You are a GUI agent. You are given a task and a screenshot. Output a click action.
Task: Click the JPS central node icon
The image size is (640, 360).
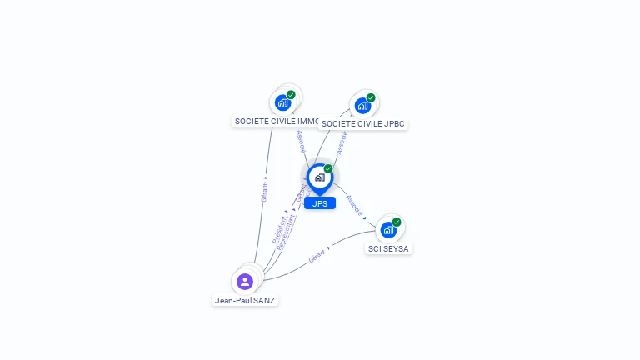tap(319, 177)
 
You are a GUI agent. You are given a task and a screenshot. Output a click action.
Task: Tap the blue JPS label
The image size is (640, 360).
tap(320, 203)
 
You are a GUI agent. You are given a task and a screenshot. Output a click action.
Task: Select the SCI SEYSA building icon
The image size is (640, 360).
tap(388, 230)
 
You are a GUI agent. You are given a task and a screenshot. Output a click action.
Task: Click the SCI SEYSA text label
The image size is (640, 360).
tap(389, 248)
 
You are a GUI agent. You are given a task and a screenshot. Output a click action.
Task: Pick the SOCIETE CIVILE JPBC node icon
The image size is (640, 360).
tap(362, 106)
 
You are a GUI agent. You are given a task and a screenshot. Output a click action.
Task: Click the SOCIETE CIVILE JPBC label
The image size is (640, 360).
tap(363, 124)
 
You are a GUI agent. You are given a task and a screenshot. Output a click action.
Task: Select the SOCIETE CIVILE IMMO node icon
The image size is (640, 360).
tap(282, 103)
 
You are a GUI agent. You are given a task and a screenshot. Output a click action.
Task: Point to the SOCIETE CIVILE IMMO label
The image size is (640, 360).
tap(276, 122)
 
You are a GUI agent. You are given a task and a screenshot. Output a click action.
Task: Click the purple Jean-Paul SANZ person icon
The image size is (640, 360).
tap(244, 281)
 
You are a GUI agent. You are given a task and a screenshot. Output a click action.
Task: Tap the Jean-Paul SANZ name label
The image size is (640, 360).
tap(245, 300)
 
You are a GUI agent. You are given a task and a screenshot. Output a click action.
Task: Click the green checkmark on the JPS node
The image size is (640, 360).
tap(328, 169)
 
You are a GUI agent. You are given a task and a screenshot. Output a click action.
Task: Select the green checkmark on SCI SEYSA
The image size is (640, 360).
tap(397, 222)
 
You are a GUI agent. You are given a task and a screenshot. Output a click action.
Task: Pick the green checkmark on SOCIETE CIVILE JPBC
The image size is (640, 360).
tap(371, 98)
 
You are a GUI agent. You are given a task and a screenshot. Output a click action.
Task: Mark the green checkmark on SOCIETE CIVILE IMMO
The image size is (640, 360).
tap(291, 95)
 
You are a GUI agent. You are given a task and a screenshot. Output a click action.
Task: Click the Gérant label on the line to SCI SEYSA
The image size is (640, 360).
tap(317, 257)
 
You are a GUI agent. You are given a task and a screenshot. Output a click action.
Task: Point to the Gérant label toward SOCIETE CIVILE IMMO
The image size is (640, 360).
tap(264, 189)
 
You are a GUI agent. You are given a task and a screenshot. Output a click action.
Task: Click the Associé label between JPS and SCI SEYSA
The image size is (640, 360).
tap(354, 205)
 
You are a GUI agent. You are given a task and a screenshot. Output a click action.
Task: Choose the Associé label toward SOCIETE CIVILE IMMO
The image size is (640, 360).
tap(301, 141)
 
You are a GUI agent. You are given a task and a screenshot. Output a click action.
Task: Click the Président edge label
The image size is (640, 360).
tap(279, 229)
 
